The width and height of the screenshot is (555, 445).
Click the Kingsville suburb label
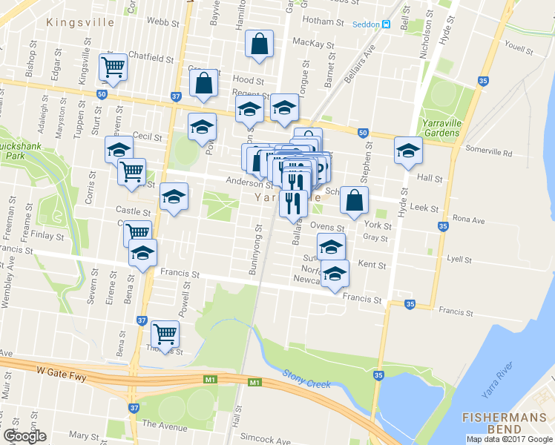(x=80, y=22)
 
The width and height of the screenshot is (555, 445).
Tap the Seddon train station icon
(x=387, y=24)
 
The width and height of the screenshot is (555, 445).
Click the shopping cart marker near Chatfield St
(x=114, y=66)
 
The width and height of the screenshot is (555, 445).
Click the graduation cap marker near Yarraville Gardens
(x=407, y=151)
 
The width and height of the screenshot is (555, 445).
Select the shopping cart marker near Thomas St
(x=164, y=333)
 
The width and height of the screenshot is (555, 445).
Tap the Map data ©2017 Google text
(x=509, y=439)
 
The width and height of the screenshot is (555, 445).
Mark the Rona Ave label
(x=468, y=220)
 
